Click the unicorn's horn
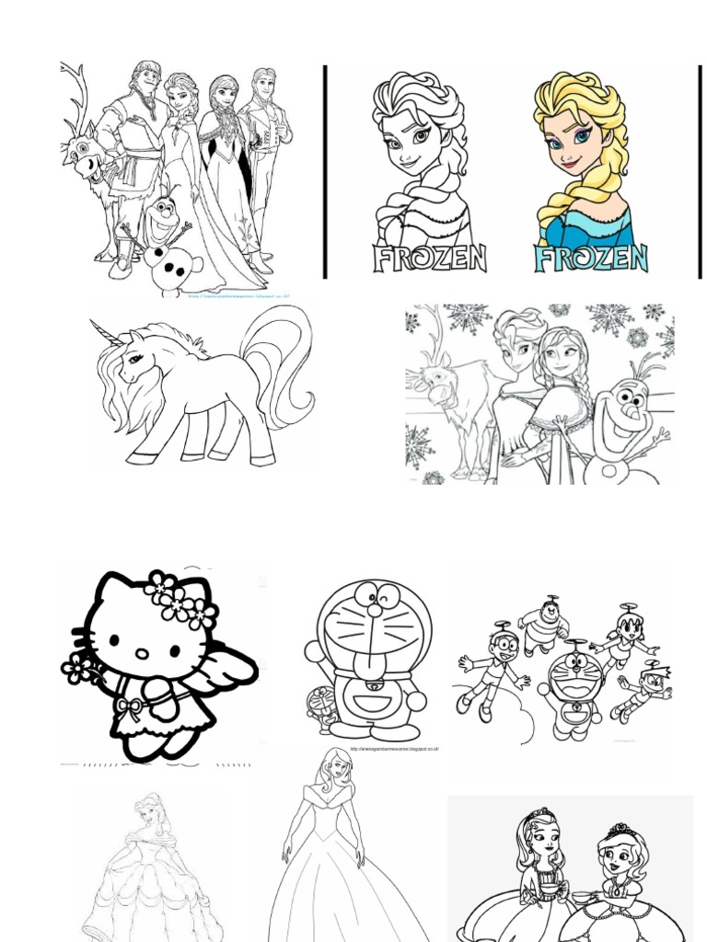[x=105, y=330]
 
